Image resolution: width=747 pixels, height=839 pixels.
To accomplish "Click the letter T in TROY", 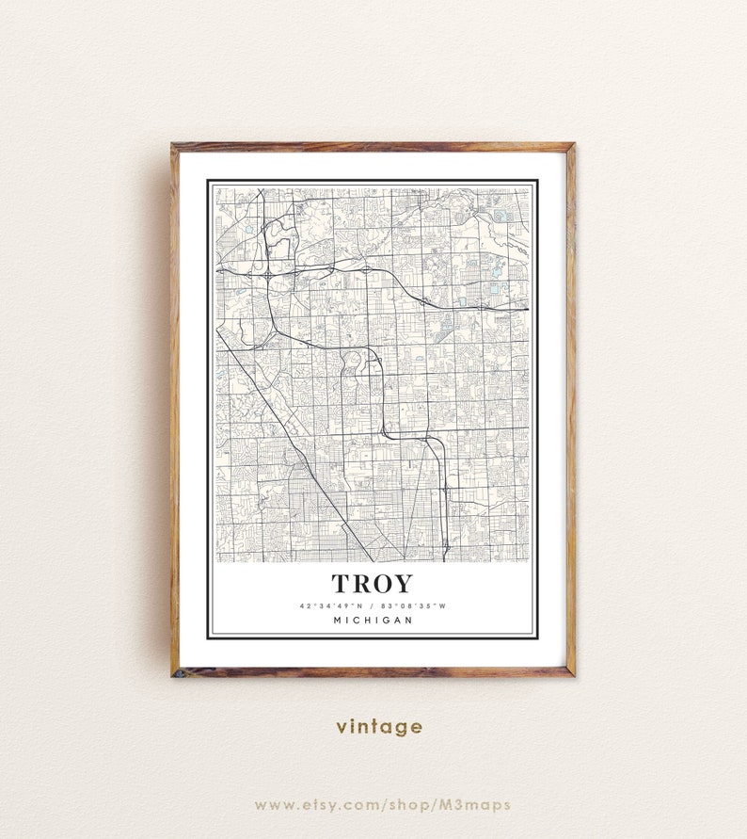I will pos(341,584).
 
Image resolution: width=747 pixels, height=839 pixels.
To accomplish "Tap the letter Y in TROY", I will pos(403,584).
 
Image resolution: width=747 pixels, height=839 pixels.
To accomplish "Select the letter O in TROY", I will pos(382,584).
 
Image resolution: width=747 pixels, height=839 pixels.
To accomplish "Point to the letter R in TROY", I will pos(360,584).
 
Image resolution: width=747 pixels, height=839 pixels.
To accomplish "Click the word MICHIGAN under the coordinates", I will pos(372,620).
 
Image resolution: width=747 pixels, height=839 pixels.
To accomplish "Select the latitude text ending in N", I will pos(329,605).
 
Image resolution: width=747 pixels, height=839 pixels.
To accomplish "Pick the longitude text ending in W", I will pos(414,605).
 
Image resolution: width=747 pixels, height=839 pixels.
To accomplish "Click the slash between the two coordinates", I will pos(372,605).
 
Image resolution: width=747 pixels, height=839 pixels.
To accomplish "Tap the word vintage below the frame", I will pos(379,726).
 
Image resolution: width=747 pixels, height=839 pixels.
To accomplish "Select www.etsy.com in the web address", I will pos(307,805).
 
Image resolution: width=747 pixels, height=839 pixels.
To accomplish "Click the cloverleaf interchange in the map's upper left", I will pos(270,273).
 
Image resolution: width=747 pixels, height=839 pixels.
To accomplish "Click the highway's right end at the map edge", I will pos(526,309).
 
